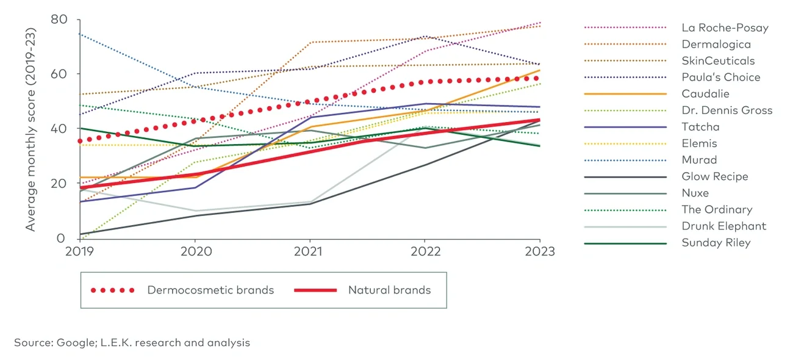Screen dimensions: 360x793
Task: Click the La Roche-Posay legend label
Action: coord(725,28)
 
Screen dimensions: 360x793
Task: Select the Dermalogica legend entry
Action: coord(716,45)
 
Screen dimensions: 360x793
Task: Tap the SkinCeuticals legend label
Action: coord(718,61)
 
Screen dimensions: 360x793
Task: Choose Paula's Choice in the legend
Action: coord(720,77)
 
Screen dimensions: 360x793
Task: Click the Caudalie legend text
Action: coord(705,94)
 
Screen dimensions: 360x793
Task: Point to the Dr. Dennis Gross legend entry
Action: coord(727,110)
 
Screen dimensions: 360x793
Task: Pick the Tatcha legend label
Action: coord(700,127)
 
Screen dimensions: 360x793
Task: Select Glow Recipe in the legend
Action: coord(714,176)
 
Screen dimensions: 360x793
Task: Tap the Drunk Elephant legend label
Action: coord(723,226)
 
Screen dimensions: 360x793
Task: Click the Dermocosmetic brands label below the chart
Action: coord(210,290)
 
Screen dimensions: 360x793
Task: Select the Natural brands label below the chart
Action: coord(389,290)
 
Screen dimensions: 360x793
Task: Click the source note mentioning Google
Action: coord(132,343)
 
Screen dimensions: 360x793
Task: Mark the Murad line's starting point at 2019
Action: coord(81,34)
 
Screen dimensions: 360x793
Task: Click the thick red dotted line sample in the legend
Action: coord(112,290)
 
